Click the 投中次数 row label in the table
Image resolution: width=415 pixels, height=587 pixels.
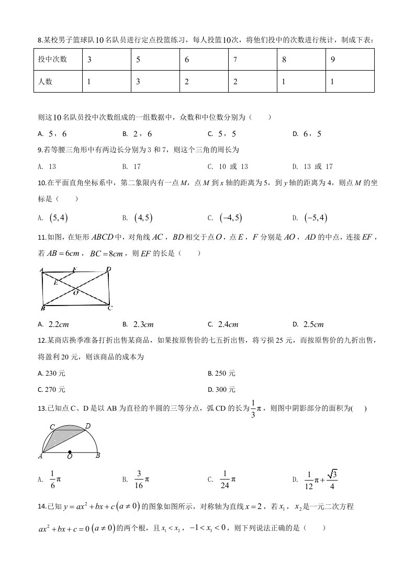point(52,60)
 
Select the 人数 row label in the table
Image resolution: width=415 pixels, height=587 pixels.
point(46,82)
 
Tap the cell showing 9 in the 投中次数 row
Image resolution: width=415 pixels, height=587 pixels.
point(333,60)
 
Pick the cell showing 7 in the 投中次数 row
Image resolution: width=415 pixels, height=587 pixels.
point(235,60)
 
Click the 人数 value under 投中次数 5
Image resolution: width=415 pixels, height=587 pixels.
point(138,82)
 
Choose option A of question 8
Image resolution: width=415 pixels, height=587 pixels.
point(53,134)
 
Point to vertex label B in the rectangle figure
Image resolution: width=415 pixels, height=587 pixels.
point(42,308)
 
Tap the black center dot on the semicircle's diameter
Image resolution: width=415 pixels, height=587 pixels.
point(70,452)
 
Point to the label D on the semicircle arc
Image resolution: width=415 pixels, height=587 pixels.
point(87,426)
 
